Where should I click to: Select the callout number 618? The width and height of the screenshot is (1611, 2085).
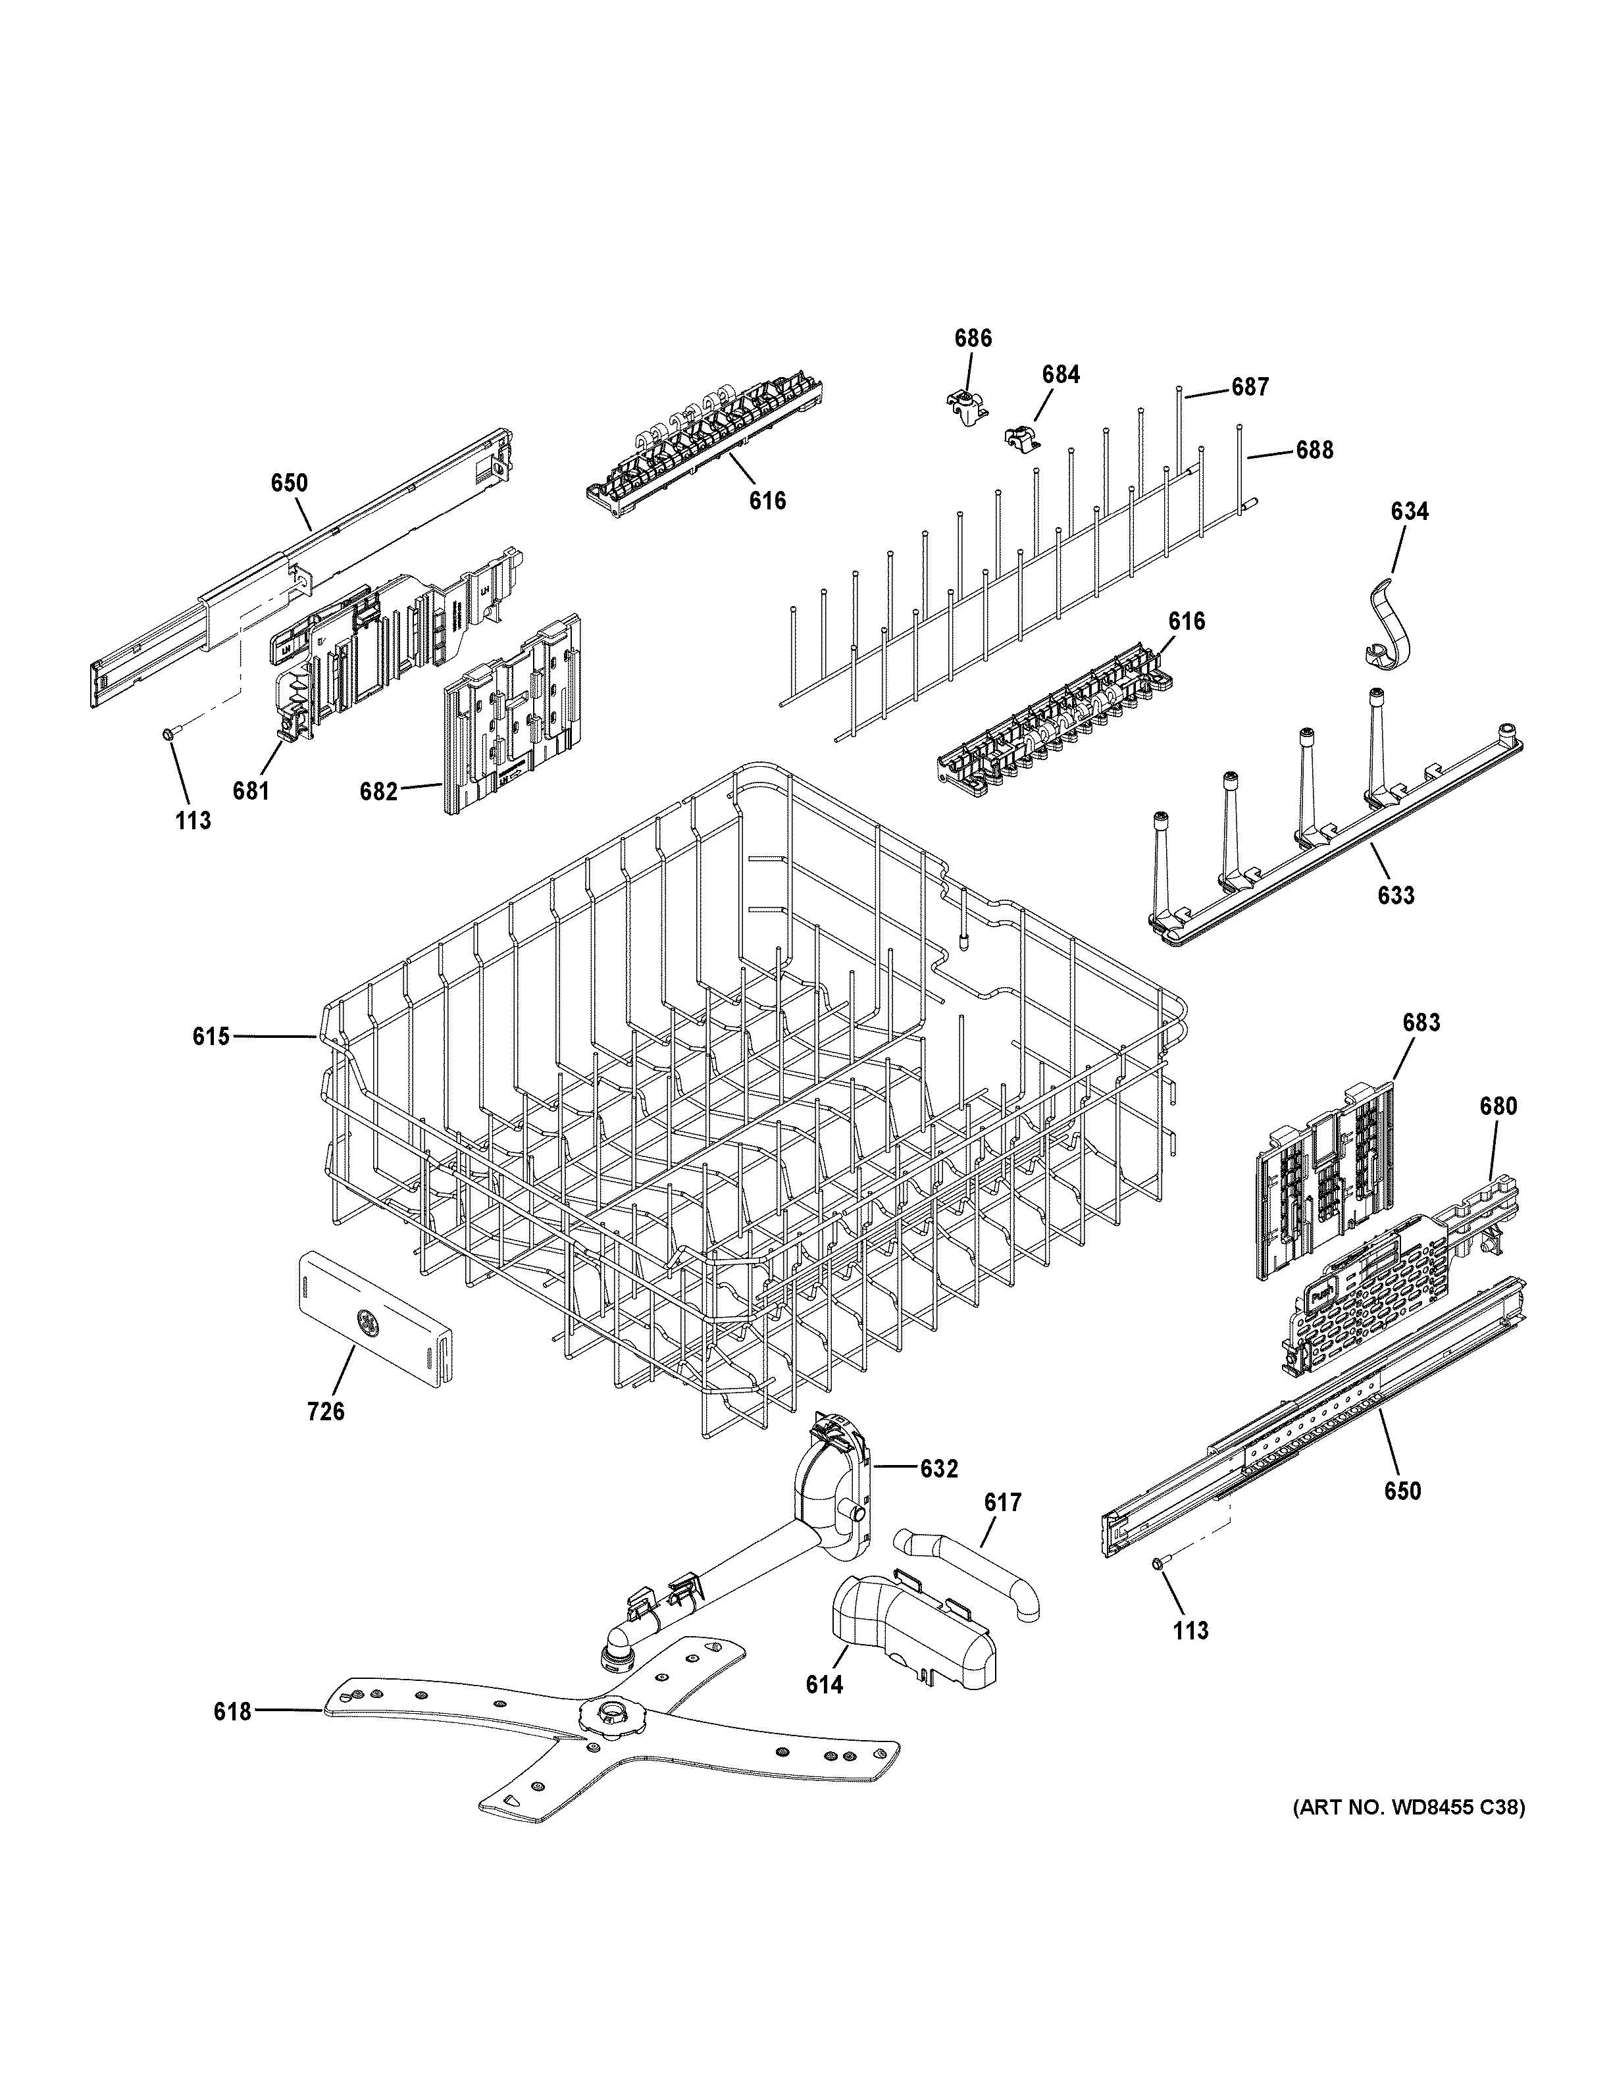tap(232, 1712)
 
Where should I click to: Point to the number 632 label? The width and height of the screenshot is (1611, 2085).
tap(938, 1469)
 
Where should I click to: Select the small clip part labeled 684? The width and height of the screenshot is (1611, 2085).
tap(1020, 437)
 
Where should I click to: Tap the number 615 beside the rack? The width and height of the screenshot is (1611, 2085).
tap(211, 1036)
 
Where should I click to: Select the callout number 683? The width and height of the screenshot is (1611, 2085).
tap(1420, 1023)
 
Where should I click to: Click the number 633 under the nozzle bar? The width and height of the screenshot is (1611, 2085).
tap(1395, 896)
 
